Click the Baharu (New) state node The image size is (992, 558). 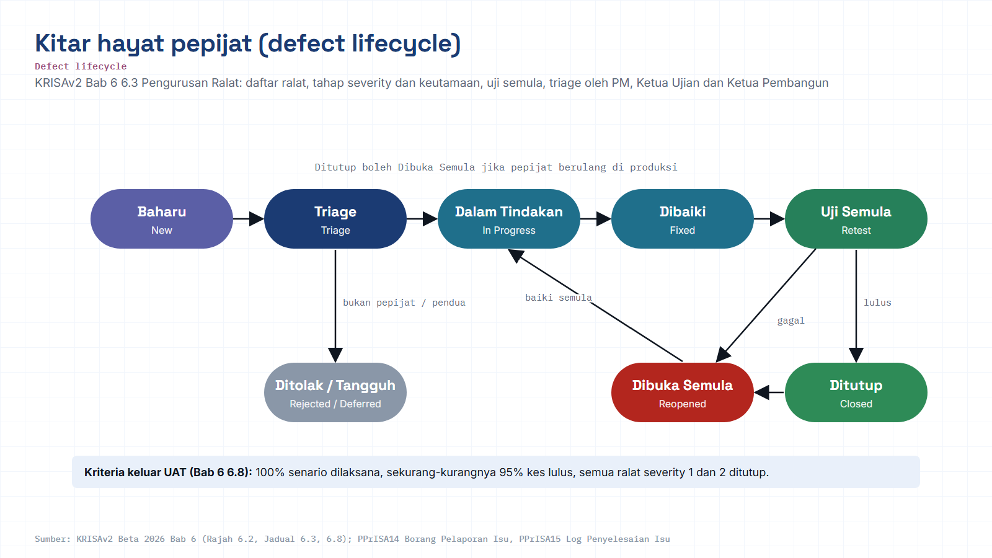[162, 219]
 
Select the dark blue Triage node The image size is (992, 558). [335, 219]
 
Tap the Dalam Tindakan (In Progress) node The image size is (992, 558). [509, 219]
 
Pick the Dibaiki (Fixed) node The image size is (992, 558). [683, 219]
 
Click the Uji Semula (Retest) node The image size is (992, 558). [856, 219]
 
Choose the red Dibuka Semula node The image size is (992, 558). [683, 392]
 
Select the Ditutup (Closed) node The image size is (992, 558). [856, 392]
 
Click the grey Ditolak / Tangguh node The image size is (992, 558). [335, 392]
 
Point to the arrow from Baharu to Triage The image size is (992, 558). [249, 219]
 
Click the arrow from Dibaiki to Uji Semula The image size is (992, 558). [769, 219]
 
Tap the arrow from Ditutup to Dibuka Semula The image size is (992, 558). [769, 392]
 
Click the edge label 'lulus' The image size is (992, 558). [877, 303]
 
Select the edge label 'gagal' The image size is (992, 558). [791, 321]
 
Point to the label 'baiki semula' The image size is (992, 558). [559, 298]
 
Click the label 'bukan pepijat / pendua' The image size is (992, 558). [404, 303]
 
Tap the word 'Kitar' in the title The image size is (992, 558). [63, 43]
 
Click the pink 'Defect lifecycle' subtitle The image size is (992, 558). [81, 66]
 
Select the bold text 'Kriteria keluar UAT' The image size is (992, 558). [136, 472]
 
